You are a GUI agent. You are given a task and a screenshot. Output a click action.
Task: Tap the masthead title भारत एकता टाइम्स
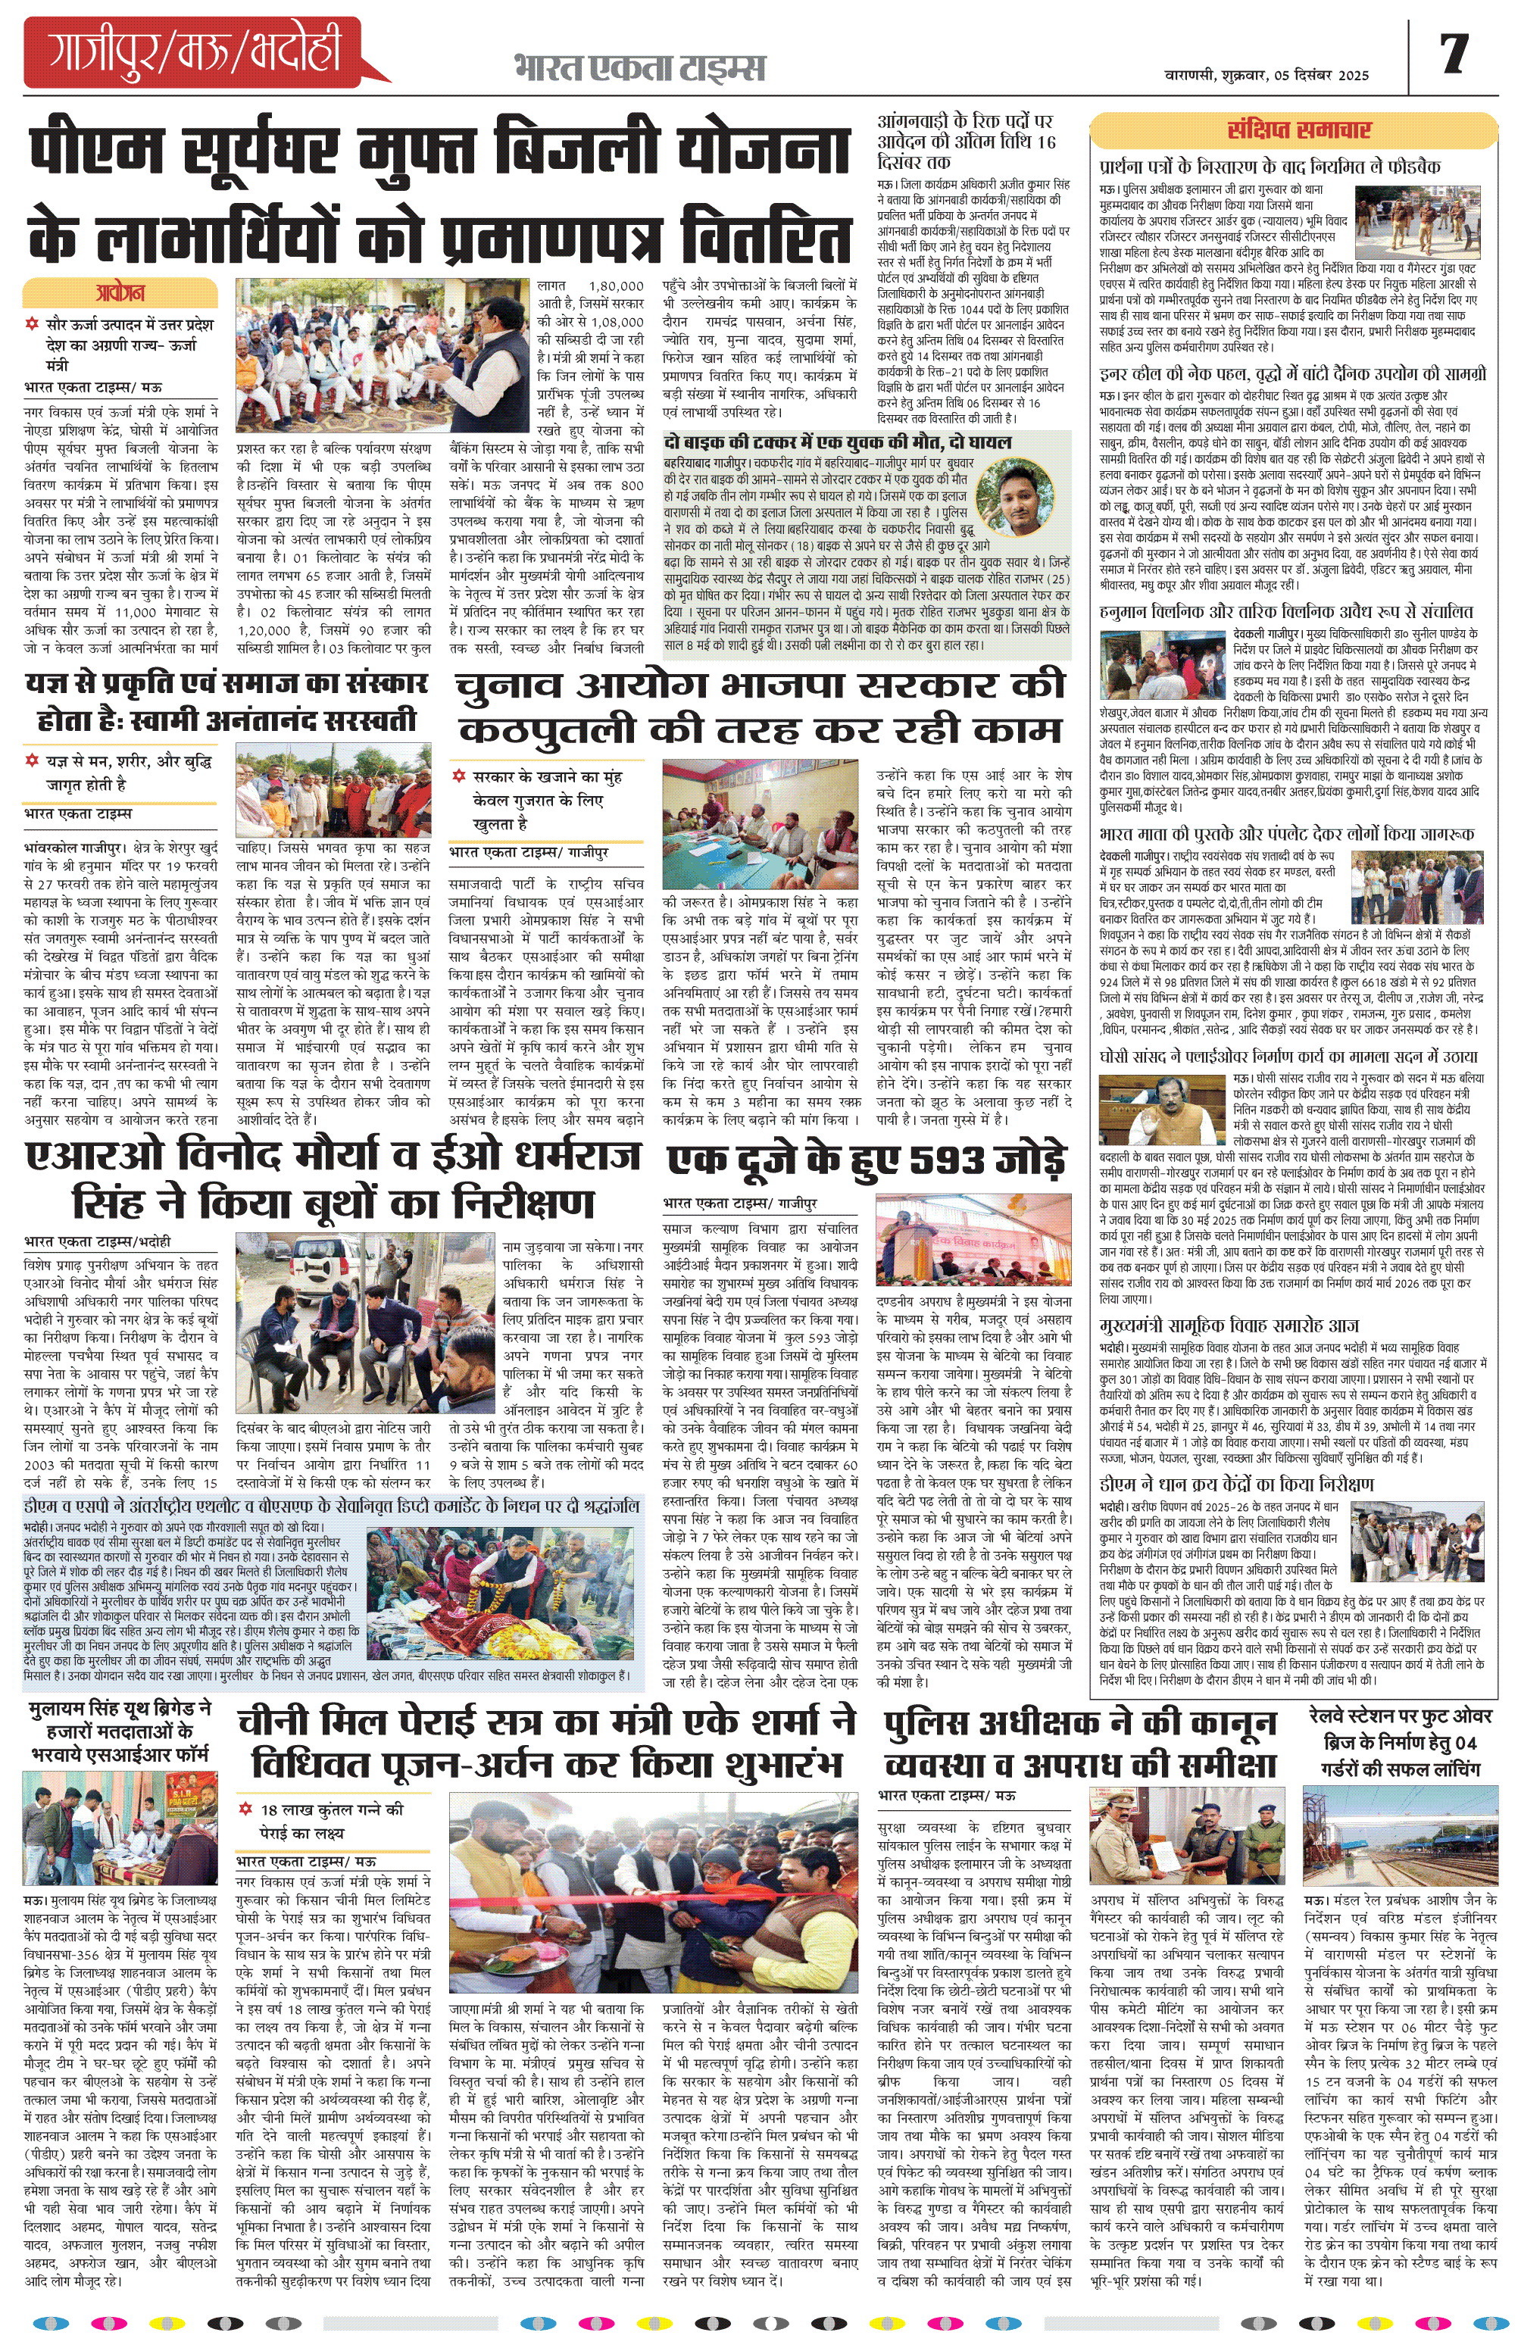[639, 68]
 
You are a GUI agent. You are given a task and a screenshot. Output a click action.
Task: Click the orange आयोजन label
[120, 293]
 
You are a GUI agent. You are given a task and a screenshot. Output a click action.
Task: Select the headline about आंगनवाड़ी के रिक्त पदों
[966, 141]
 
